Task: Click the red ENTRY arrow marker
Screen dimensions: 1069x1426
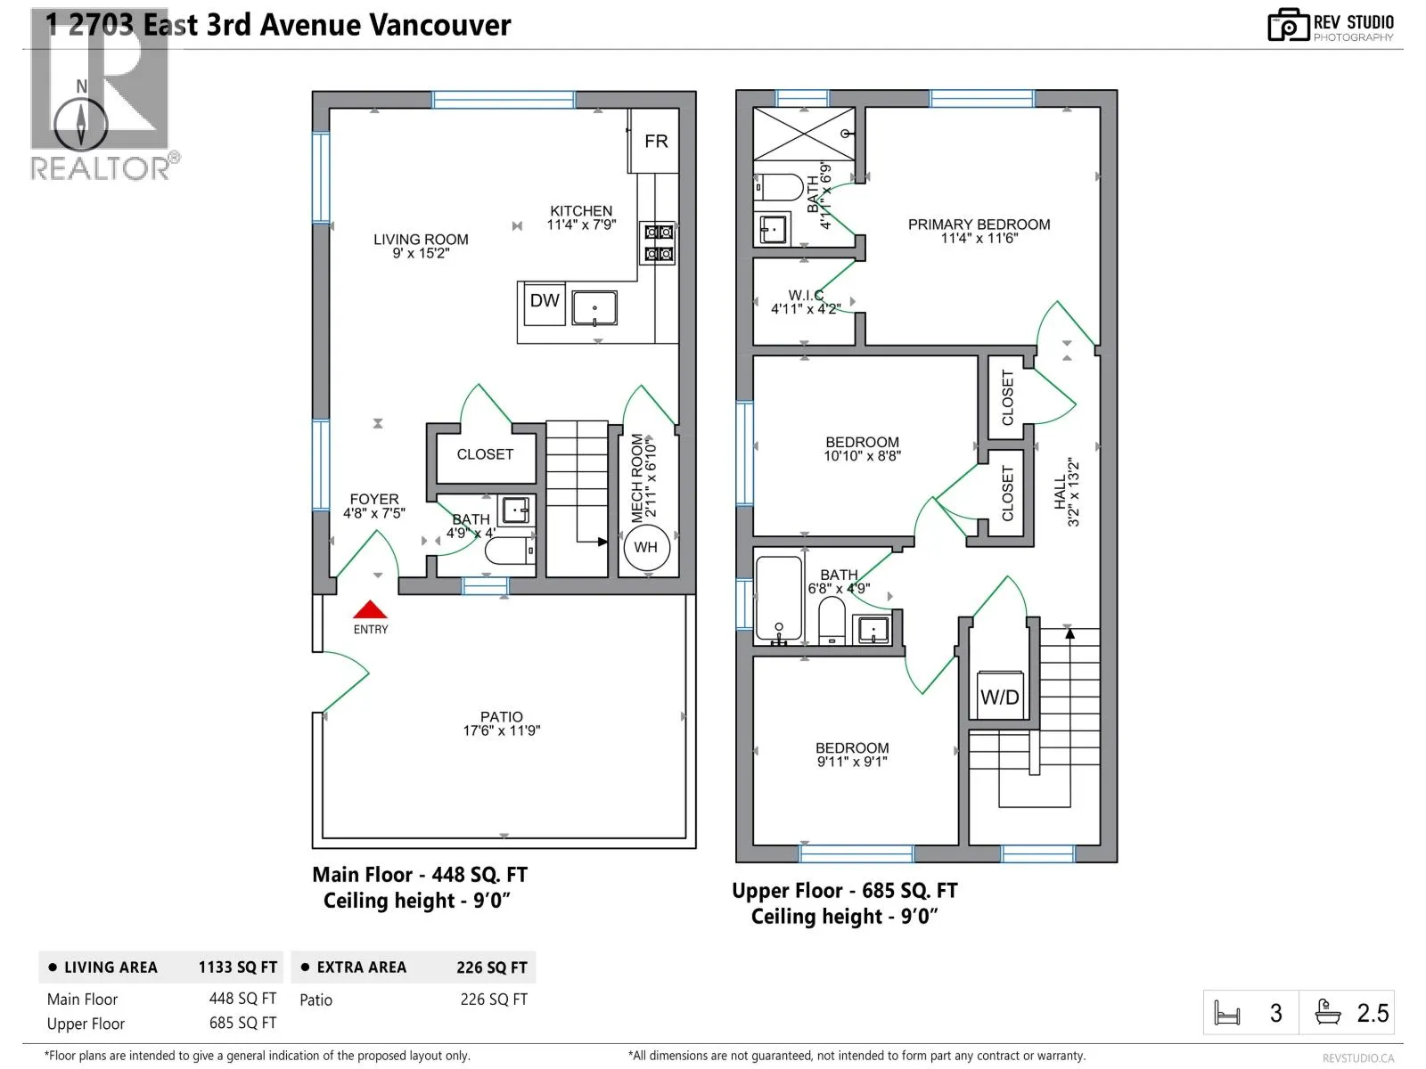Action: tap(370, 610)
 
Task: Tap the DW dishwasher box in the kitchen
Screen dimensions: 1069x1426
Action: tap(544, 301)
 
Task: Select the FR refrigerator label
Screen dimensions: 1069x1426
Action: tap(656, 141)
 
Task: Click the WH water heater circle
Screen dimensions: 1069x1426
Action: tap(645, 547)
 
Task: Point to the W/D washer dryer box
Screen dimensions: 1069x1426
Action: tap(999, 697)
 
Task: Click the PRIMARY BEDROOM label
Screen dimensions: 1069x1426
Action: tap(979, 224)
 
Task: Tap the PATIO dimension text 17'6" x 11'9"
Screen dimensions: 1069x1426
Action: tap(501, 730)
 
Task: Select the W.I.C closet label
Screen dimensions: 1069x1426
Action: tap(806, 296)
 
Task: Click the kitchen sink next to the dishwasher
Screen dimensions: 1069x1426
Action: tap(594, 307)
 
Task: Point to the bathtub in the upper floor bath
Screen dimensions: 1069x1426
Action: tap(778, 600)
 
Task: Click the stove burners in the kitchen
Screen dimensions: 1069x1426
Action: tap(659, 243)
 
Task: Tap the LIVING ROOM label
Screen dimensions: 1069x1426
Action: tap(421, 240)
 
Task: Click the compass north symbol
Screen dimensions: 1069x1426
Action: tap(81, 123)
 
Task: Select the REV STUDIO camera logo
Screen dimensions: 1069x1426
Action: tap(1288, 26)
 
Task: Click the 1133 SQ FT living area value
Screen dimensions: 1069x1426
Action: tap(238, 967)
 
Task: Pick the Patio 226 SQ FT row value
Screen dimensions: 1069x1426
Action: tap(494, 1000)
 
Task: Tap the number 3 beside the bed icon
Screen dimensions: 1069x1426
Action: tap(1276, 1014)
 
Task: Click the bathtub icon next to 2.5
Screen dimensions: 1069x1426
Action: tap(1328, 1013)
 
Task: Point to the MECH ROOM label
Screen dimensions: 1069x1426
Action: tap(637, 478)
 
